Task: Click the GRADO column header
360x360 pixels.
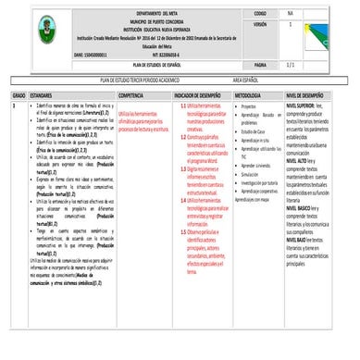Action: point(19,95)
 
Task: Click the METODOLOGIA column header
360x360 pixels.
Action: point(254,95)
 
